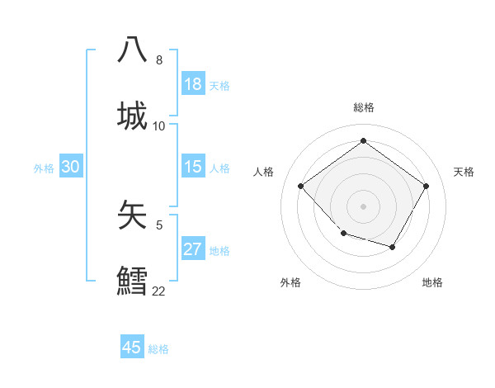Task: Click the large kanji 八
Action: (133, 50)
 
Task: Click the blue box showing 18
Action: (193, 84)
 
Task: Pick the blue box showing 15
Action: (193, 167)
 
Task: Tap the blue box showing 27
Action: (193, 249)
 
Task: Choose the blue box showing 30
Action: (71, 167)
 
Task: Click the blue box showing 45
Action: (132, 348)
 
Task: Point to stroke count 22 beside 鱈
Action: (158, 291)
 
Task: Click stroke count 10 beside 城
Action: (158, 126)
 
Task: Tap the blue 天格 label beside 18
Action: (219, 86)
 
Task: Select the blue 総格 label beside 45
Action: (158, 349)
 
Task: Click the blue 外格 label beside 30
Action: (44, 168)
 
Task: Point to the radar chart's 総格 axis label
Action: (364, 107)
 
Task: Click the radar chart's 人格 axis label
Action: (264, 172)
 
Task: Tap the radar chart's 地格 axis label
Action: (432, 283)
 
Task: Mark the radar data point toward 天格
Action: (426, 186)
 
